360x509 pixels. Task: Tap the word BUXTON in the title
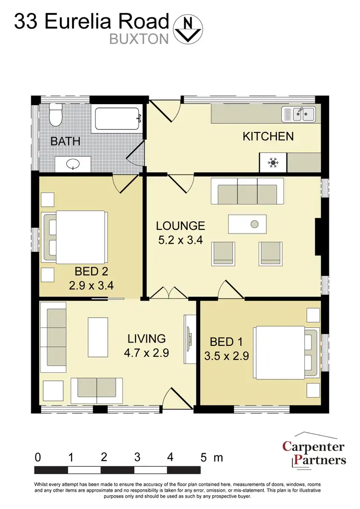click(139, 39)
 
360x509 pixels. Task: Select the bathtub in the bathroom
click(118, 118)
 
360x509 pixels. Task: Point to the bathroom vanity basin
click(72, 165)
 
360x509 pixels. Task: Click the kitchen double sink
click(298, 114)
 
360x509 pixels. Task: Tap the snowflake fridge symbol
click(273, 163)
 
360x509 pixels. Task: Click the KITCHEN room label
click(268, 136)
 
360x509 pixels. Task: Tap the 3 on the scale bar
click(137, 457)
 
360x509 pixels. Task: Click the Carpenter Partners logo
click(314, 453)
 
